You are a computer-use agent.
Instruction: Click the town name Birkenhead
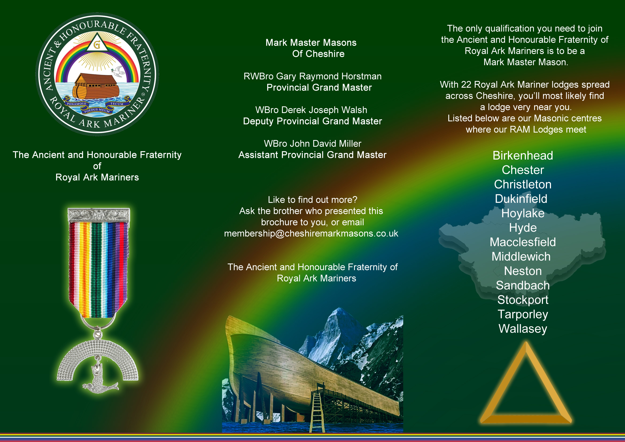(523, 156)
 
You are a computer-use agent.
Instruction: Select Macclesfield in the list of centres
(523, 242)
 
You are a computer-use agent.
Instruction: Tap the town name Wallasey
(523, 329)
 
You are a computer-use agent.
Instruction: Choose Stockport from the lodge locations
(523, 300)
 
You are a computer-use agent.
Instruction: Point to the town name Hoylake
(523, 213)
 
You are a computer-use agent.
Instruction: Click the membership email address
(311, 234)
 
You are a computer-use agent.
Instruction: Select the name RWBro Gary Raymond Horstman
(313, 76)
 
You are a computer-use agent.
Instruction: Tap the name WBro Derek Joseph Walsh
(311, 110)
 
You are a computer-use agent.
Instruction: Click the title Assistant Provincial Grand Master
(313, 155)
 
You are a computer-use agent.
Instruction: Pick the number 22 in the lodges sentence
(466, 85)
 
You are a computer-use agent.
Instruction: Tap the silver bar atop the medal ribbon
(99, 215)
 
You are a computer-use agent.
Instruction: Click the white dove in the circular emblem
(119, 71)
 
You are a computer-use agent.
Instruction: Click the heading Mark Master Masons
(311, 43)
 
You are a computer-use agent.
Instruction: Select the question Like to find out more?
(313, 200)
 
